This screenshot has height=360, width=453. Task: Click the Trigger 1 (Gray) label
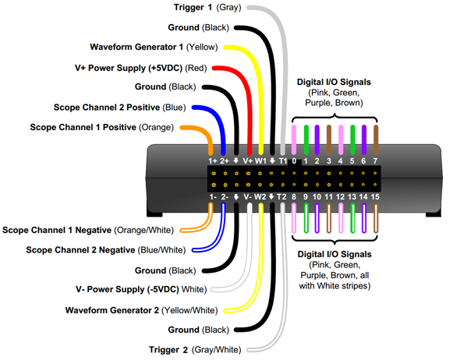[x=207, y=7]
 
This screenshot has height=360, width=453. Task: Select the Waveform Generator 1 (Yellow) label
[x=154, y=47]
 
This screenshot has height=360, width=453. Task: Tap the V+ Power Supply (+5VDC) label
[x=141, y=68]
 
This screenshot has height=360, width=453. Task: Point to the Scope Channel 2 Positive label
[x=119, y=108]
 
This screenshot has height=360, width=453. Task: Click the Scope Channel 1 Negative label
[x=88, y=230]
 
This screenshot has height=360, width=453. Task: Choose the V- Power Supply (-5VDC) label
[x=141, y=289]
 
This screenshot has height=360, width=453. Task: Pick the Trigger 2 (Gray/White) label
[x=195, y=350]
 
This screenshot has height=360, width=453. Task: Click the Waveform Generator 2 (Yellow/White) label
[x=142, y=310]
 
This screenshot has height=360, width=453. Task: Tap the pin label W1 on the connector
[x=260, y=161]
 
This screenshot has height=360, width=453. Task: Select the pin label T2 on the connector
[x=281, y=197]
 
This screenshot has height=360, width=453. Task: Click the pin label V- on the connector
[x=248, y=197]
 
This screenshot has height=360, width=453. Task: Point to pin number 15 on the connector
[x=375, y=197]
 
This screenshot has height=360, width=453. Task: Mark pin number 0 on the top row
[x=294, y=161]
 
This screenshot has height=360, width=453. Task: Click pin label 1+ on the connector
[x=213, y=161]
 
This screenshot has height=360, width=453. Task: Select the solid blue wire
[x=218, y=118]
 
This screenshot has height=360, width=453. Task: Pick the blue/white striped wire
[x=218, y=240]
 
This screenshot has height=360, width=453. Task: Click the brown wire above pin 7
[x=376, y=140]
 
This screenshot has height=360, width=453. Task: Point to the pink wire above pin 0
[x=294, y=140]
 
